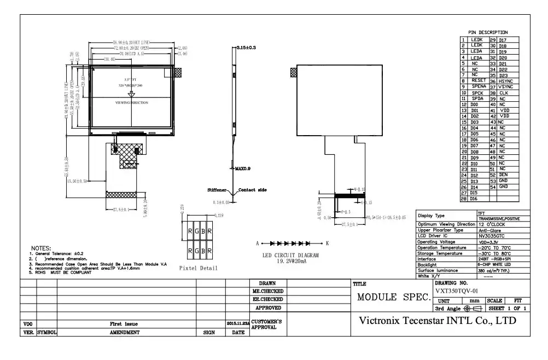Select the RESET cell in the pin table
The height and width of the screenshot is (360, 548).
click(x=478, y=80)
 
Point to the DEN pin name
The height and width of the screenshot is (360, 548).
click(x=503, y=175)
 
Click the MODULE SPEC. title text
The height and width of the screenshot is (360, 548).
click(x=393, y=298)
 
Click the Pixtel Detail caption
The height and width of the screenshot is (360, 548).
click(x=198, y=268)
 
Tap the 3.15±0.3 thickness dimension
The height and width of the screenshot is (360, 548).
click(x=246, y=48)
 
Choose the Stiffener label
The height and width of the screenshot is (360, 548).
click(x=217, y=190)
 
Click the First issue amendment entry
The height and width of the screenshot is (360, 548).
click(x=127, y=324)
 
